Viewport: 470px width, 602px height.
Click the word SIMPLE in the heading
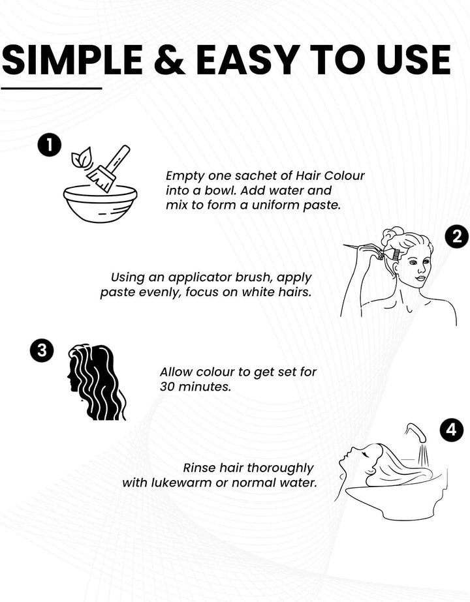[x=73, y=60]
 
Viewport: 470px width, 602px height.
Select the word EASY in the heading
[x=248, y=60]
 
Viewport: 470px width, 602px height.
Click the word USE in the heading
[x=413, y=60]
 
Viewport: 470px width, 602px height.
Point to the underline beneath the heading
[x=52, y=88]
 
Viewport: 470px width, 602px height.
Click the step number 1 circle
[x=49, y=145]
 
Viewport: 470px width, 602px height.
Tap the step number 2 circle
[x=457, y=237]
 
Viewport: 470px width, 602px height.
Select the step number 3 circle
[x=42, y=350]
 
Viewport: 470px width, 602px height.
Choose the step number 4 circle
[x=452, y=429]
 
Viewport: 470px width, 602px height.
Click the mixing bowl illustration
[x=101, y=203]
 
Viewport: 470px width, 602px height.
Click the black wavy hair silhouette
[x=97, y=382]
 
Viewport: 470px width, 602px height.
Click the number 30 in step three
[x=167, y=387]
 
